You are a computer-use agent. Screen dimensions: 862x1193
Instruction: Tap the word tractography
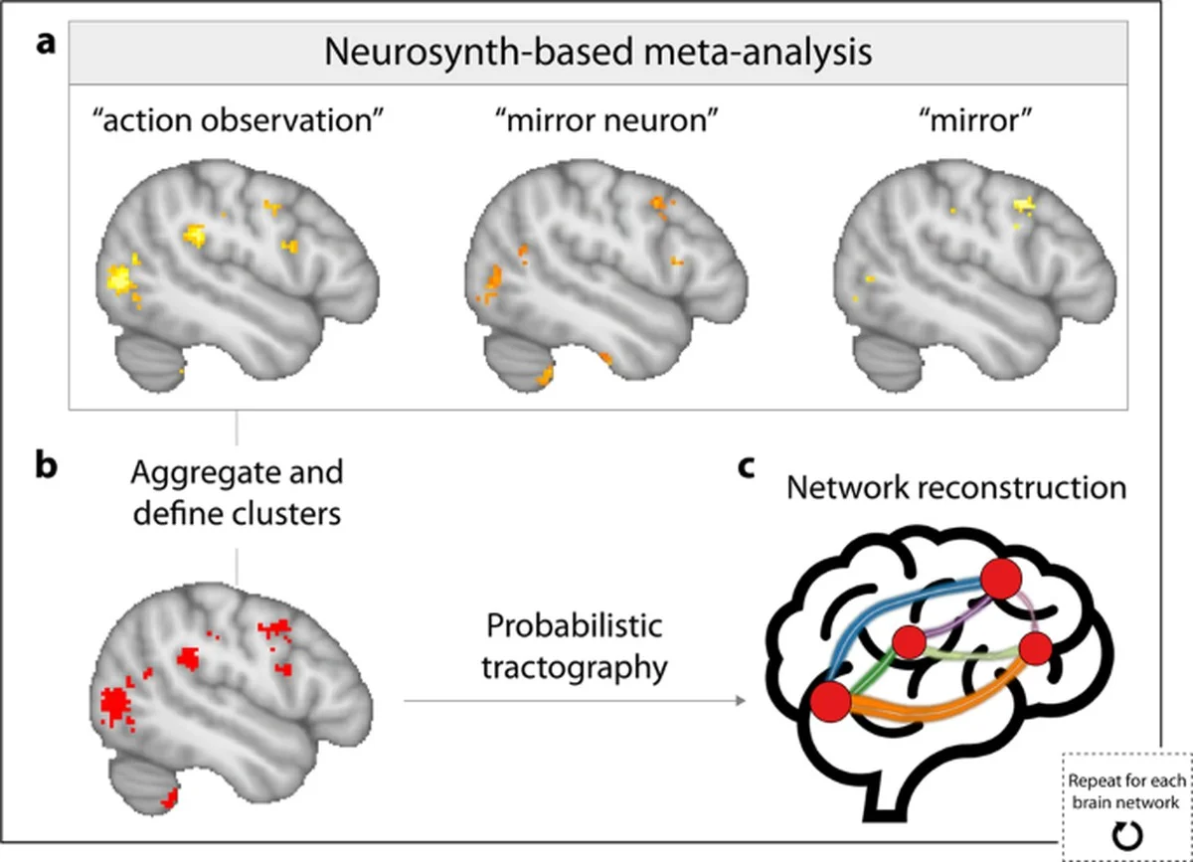coord(574,668)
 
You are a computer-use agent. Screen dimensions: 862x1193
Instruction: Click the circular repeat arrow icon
coord(1125,839)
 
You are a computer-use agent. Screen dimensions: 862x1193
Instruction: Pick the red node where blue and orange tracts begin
coord(830,701)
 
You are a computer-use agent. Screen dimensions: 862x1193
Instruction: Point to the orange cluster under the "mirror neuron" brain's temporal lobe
coord(544,376)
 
